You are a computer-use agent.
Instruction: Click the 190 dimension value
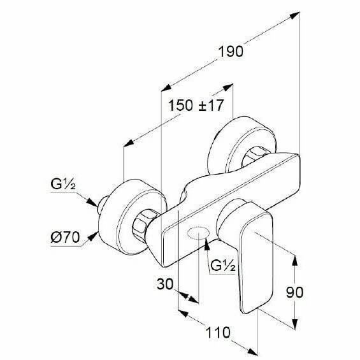pos(230,52)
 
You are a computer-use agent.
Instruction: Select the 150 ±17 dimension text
pos(196,105)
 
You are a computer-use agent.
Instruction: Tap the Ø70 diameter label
pos(65,237)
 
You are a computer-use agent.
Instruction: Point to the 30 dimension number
pos(165,284)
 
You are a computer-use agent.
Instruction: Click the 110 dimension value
pos(218,332)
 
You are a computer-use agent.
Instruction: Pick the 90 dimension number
pos(294,292)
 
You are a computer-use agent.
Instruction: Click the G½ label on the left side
pos(63,184)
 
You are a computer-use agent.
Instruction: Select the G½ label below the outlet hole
pos(223,266)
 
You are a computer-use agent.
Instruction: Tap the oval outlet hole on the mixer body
pos(199,233)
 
